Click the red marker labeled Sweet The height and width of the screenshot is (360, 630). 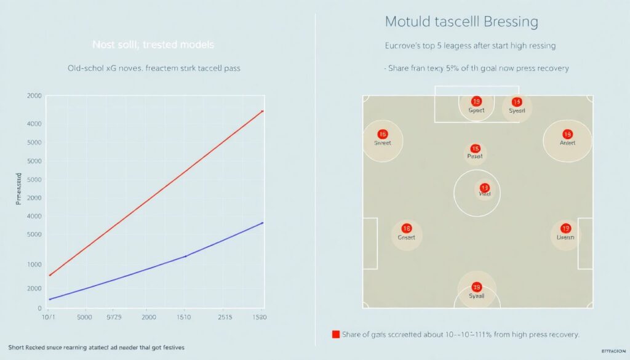tap(383, 134)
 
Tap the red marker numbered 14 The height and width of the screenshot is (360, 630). tap(516, 102)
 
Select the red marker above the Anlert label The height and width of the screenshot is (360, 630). tap(567, 134)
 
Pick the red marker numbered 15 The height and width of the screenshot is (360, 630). tap(475, 148)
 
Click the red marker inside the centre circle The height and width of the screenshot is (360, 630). tap(484, 188)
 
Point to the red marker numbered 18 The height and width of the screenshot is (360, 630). tap(405, 228)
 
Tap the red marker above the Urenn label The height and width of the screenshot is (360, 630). tap(565, 228)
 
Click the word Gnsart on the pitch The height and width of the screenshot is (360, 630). tap(407, 238)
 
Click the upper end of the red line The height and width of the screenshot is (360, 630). tap(263, 111)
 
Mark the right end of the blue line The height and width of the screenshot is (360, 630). tap(263, 223)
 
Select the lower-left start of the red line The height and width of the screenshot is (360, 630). tap(49, 275)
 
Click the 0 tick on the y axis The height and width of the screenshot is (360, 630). tap(39, 308)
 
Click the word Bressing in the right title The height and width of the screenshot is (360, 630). tap(511, 22)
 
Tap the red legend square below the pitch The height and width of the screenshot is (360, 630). tap(336, 335)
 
